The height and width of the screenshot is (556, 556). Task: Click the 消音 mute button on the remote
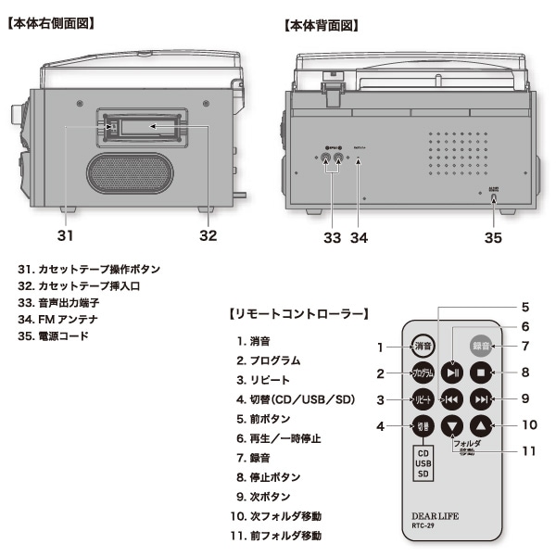click(x=422, y=346)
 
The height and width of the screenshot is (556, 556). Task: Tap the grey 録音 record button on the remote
click(x=480, y=346)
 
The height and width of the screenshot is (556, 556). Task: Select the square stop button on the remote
click(x=480, y=373)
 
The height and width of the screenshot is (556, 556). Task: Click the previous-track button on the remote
click(x=451, y=399)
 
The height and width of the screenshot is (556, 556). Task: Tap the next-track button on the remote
click(x=480, y=399)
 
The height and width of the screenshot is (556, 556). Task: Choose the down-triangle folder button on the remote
click(x=451, y=426)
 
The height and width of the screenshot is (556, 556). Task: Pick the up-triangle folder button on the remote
click(x=480, y=426)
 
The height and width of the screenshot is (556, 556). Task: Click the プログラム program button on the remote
click(x=422, y=373)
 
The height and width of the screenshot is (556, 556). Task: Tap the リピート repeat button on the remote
click(x=422, y=399)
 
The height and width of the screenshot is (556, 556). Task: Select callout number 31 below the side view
click(x=64, y=235)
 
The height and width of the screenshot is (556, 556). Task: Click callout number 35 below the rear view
click(x=493, y=237)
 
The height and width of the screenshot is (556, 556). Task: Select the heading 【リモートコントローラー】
click(x=299, y=315)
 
